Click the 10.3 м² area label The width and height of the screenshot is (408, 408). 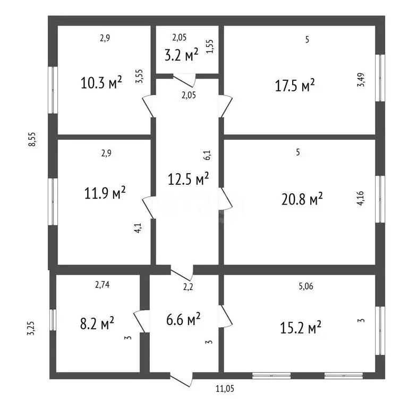(101, 82)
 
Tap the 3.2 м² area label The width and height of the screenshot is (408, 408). (181, 54)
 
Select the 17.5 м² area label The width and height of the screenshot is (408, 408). (295, 85)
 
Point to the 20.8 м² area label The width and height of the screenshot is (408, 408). (302, 199)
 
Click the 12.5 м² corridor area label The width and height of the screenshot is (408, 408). (188, 178)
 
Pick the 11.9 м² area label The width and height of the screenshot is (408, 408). (105, 193)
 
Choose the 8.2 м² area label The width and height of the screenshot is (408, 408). (97, 323)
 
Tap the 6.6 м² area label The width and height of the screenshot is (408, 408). (183, 319)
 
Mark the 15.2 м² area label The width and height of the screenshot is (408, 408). (301, 327)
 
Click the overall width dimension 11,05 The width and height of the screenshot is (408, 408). (225, 389)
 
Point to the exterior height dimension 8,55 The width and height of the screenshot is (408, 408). (32, 140)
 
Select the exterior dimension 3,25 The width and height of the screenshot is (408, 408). (31, 328)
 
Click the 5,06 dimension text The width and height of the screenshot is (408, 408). (306, 286)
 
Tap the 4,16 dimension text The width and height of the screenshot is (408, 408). (360, 198)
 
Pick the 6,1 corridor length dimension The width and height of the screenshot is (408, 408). (208, 155)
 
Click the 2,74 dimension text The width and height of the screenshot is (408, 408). (102, 285)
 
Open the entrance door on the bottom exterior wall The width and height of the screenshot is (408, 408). (182, 380)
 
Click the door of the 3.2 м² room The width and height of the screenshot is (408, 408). (184, 80)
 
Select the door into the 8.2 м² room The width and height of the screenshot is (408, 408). (141, 321)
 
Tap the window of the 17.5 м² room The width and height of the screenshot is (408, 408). (380, 78)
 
